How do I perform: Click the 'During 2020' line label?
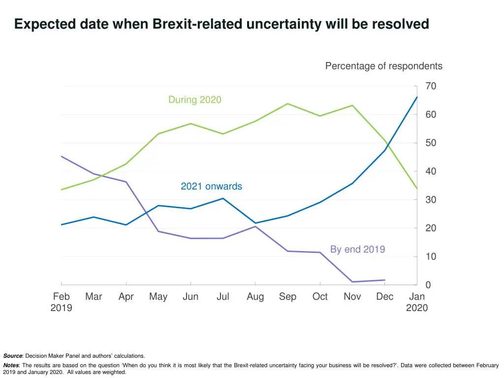pos(194,100)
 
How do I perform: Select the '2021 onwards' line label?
pos(211,187)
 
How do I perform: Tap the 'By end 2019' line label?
pos(357,250)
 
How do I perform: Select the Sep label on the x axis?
pos(287,297)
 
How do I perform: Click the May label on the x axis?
pos(158,297)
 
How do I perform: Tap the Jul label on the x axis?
pos(222,297)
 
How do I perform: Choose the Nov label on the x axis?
pos(352,297)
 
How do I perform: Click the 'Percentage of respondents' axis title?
pos(383,66)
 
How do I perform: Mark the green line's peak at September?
pos(287,104)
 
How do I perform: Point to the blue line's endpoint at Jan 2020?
pos(417,97)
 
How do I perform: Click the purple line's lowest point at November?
pos(352,282)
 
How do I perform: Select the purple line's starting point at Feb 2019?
pos(62,156)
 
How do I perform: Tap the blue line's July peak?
pos(223,198)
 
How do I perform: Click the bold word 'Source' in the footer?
pos(13,356)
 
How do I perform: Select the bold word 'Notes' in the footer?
pos(11,366)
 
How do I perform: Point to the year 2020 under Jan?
pos(417,308)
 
